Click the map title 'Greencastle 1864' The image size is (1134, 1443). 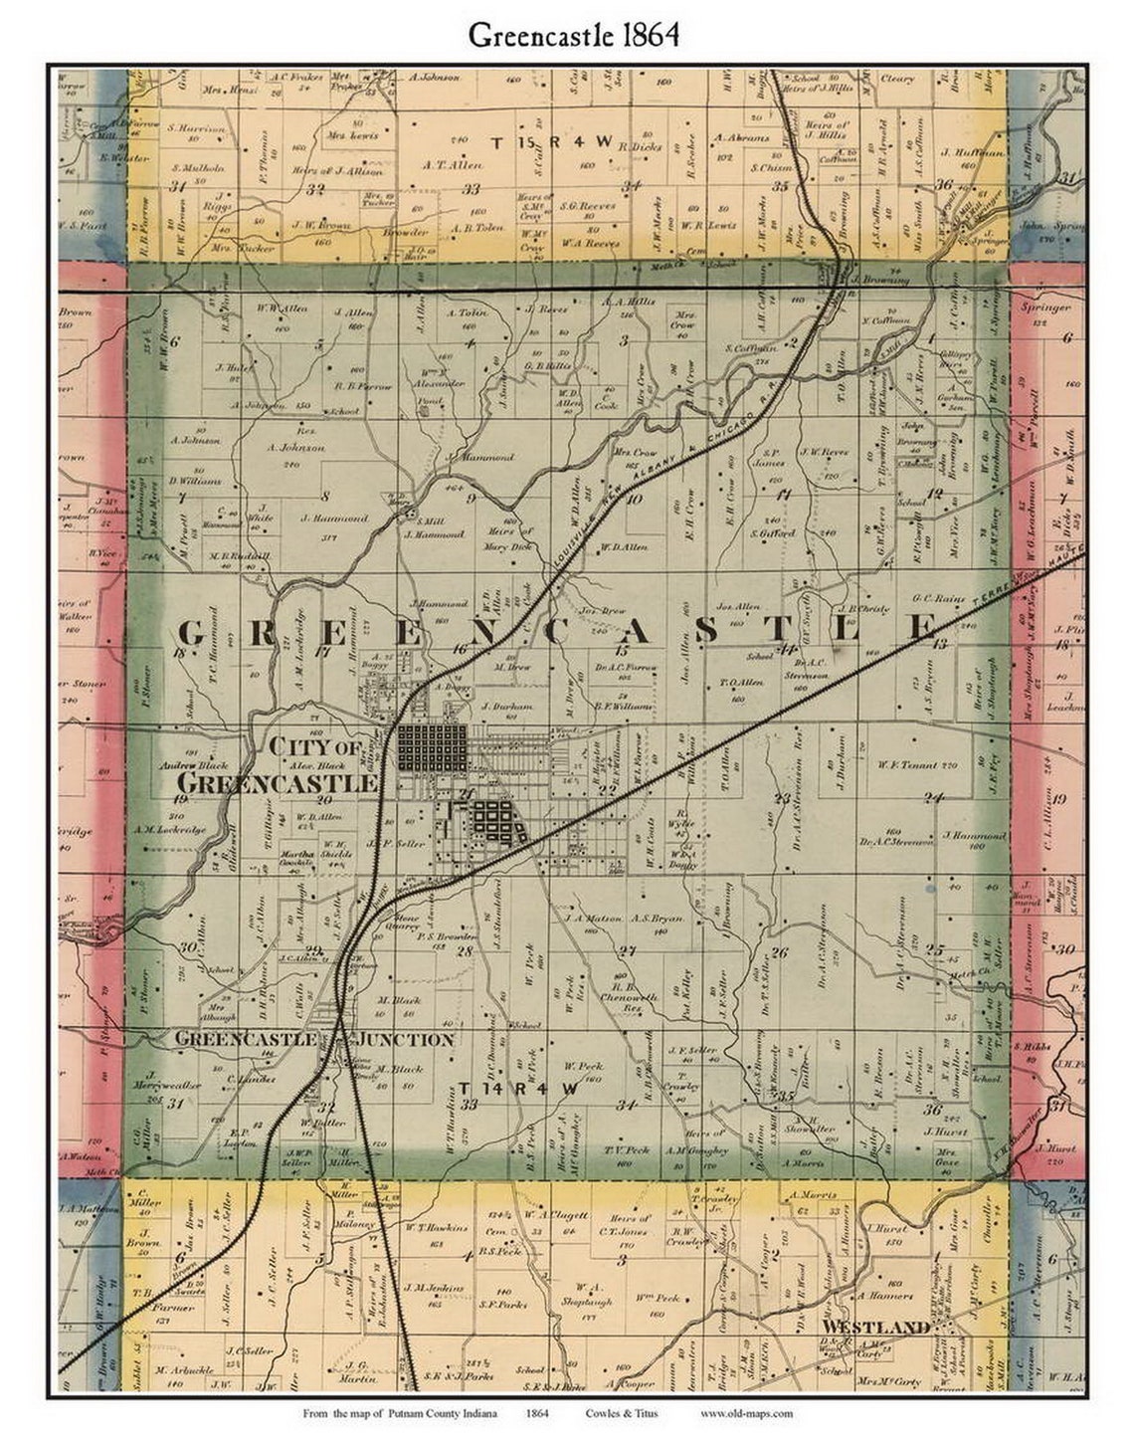click(x=574, y=35)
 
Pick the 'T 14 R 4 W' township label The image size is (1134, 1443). click(x=518, y=1089)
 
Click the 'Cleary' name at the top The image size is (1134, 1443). click(x=898, y=78)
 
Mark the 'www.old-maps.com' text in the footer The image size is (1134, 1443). click(x=746, y=1413)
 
